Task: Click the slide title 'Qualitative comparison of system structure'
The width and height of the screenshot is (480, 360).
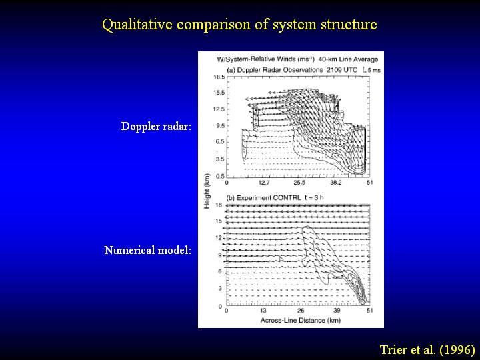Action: click(x=239, y=25)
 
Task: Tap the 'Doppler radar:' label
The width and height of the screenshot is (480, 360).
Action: click(x=156, y=126)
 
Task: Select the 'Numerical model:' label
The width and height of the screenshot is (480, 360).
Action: click(x=148, y=250)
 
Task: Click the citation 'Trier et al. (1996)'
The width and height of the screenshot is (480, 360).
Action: click(x=427, y=349)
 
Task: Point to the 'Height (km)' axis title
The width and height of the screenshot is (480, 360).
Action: click(x=207, y=191)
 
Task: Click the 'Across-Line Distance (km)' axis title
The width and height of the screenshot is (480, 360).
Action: click(x=300, y=320)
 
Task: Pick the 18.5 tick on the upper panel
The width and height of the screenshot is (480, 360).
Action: click(x=219, y=77)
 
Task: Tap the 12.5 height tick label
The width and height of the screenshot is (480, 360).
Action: click(x=219, y=109)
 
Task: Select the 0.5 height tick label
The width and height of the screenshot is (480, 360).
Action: click(x=221, y=176)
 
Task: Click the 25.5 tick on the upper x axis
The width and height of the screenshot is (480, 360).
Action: click(x=299, y=183)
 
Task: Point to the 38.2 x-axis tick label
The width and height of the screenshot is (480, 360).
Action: click(x=335, y=183)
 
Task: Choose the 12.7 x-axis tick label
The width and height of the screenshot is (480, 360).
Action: click(x=264, y=183)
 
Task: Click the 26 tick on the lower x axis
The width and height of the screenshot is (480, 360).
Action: click(x=301, y=311)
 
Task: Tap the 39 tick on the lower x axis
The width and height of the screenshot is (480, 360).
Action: click(x=337, y=311)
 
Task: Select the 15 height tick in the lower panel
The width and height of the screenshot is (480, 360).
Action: click(x=219, y=221)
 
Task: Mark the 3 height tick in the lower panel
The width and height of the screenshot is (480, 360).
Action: click(x=220, y=289)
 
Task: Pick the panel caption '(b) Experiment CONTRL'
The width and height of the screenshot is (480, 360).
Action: click(x=263, y=198)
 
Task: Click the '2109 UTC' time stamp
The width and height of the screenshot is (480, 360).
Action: click(x=341, y=70)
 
